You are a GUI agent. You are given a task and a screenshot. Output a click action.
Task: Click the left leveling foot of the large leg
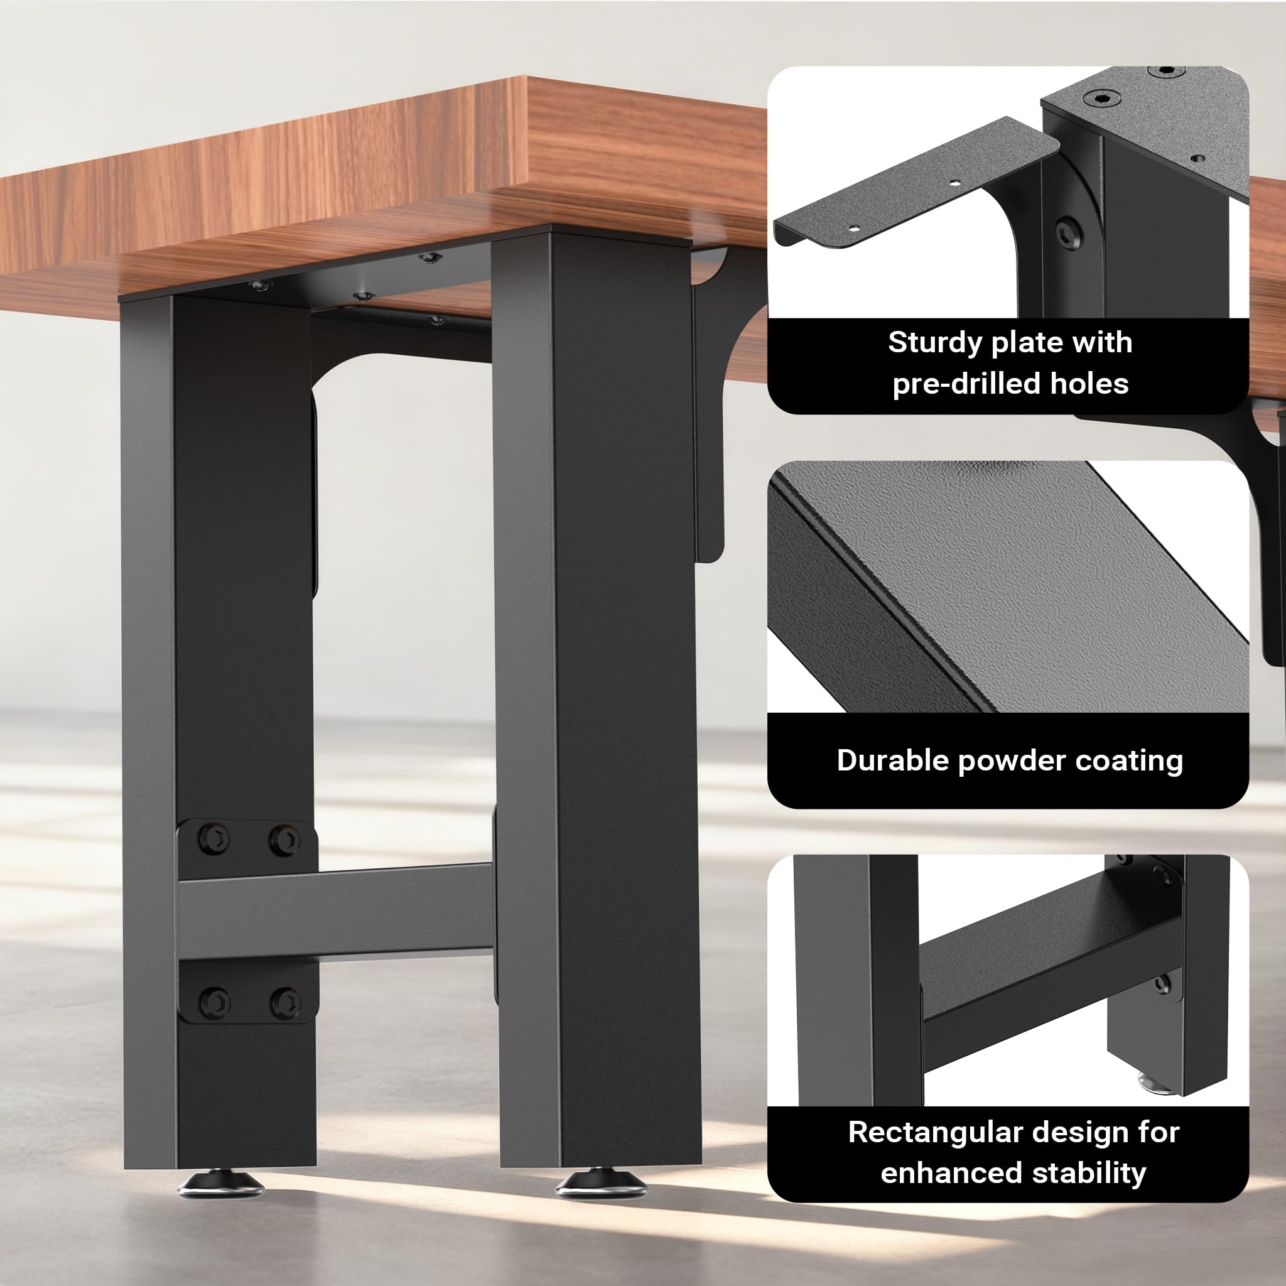pyautogui.click(x=220, y=1183)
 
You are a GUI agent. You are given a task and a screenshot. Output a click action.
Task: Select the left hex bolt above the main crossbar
pyautogui.click(x=214, y=840)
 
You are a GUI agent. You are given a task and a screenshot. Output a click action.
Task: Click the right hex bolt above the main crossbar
pyautogui.click(x=284, y=840)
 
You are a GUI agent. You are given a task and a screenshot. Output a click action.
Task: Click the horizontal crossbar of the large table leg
pyautogui.click(x=335, y=912)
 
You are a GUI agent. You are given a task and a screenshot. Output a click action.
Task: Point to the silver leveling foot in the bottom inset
pyautogui.click(x=1152, y=1081)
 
